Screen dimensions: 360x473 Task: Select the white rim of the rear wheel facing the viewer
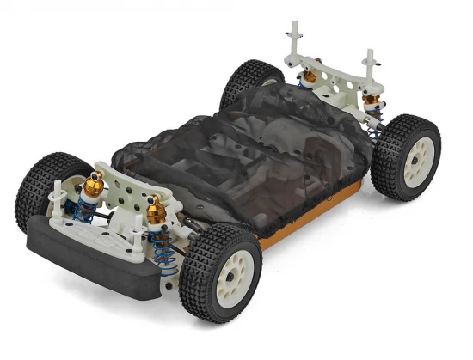pos(419,160)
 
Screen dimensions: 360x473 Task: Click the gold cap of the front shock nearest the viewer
pos(156,208)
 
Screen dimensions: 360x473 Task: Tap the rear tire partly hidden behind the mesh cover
pos(249,82)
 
